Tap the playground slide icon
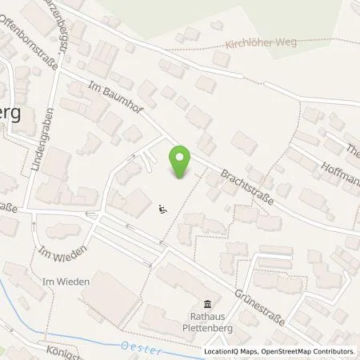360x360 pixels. (162, 210)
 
